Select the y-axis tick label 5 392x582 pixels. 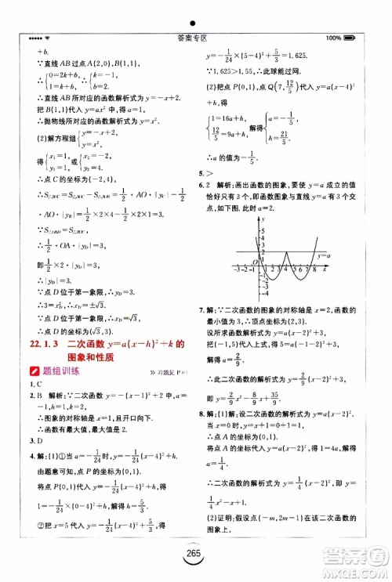click(263, 222)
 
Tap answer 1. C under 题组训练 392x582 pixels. click(33, 385)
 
